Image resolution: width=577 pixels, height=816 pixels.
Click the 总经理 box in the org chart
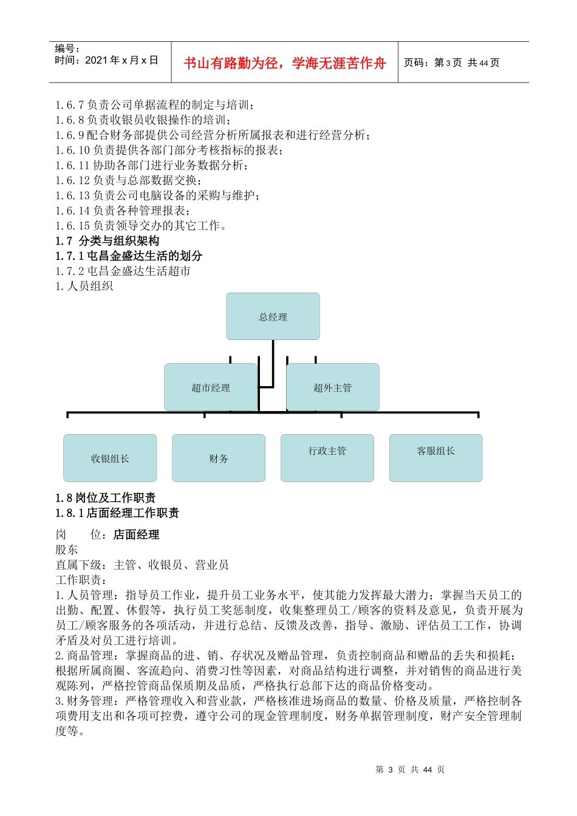[x=273, y=316]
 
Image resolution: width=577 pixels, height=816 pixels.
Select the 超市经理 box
[x=211, y=387]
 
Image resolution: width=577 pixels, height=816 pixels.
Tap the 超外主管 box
[x=332, y=387]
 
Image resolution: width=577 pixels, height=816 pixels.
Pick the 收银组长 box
[x=110, y=458]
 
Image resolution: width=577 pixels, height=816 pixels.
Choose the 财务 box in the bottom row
[x=219, y=458]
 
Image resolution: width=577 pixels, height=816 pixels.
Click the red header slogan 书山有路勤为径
[x=285, y=63]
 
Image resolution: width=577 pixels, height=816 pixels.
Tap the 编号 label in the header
[x=67, y=49]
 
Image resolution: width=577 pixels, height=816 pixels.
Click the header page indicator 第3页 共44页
[x=452, y=63]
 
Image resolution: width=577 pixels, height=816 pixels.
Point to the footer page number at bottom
[x=410, y=769]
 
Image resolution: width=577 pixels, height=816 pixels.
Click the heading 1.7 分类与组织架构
[x=108, y=240]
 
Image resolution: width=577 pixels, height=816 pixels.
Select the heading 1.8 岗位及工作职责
[x=106, y=498]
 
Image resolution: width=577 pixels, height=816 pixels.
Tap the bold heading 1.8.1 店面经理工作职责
[x=117, y=513]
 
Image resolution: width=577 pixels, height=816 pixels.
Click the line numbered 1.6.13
[x=159, y=195]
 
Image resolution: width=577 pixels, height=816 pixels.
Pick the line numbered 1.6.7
[x=155, y=105]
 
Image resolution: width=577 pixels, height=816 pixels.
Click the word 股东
[x=67, y=549]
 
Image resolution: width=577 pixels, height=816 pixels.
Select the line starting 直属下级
[x=142, y=565]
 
